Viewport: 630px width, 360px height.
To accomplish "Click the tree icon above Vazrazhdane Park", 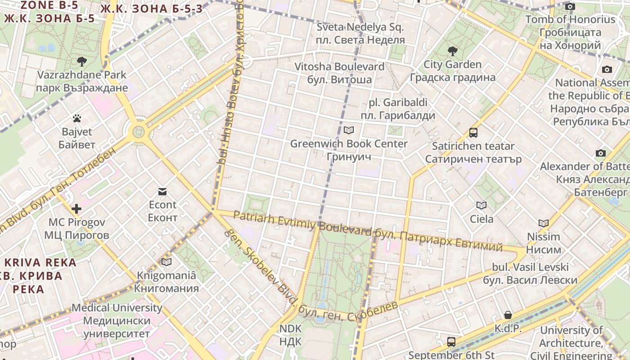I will click(x=81, y=62).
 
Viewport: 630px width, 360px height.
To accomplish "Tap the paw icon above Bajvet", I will click(x=77, y=119).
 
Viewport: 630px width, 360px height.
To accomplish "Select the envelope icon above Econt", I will click(x=162, y=192).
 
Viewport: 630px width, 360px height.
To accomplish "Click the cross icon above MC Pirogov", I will click(x=76, y=209).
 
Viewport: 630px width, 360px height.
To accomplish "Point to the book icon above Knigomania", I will click(x=166, y=262).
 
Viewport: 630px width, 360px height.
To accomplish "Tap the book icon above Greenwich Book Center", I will click(x=349, y=130).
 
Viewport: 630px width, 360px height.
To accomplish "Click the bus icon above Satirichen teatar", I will click(x=473, y=133).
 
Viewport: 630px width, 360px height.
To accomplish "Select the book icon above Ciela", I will click(x=481, y=206).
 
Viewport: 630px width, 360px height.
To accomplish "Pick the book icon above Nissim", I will click(x=544, y=223).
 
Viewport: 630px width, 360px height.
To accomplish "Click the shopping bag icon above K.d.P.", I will click(x=508, y=315).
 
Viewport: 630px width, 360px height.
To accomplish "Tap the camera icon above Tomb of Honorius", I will click(x=570, y=6).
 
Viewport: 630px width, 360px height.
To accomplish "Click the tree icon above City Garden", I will click(x=452, y=51).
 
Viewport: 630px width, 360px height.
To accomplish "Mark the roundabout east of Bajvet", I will click(x=138, y=132).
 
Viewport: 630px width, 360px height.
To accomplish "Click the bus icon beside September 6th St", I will click(x=451, y=342).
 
